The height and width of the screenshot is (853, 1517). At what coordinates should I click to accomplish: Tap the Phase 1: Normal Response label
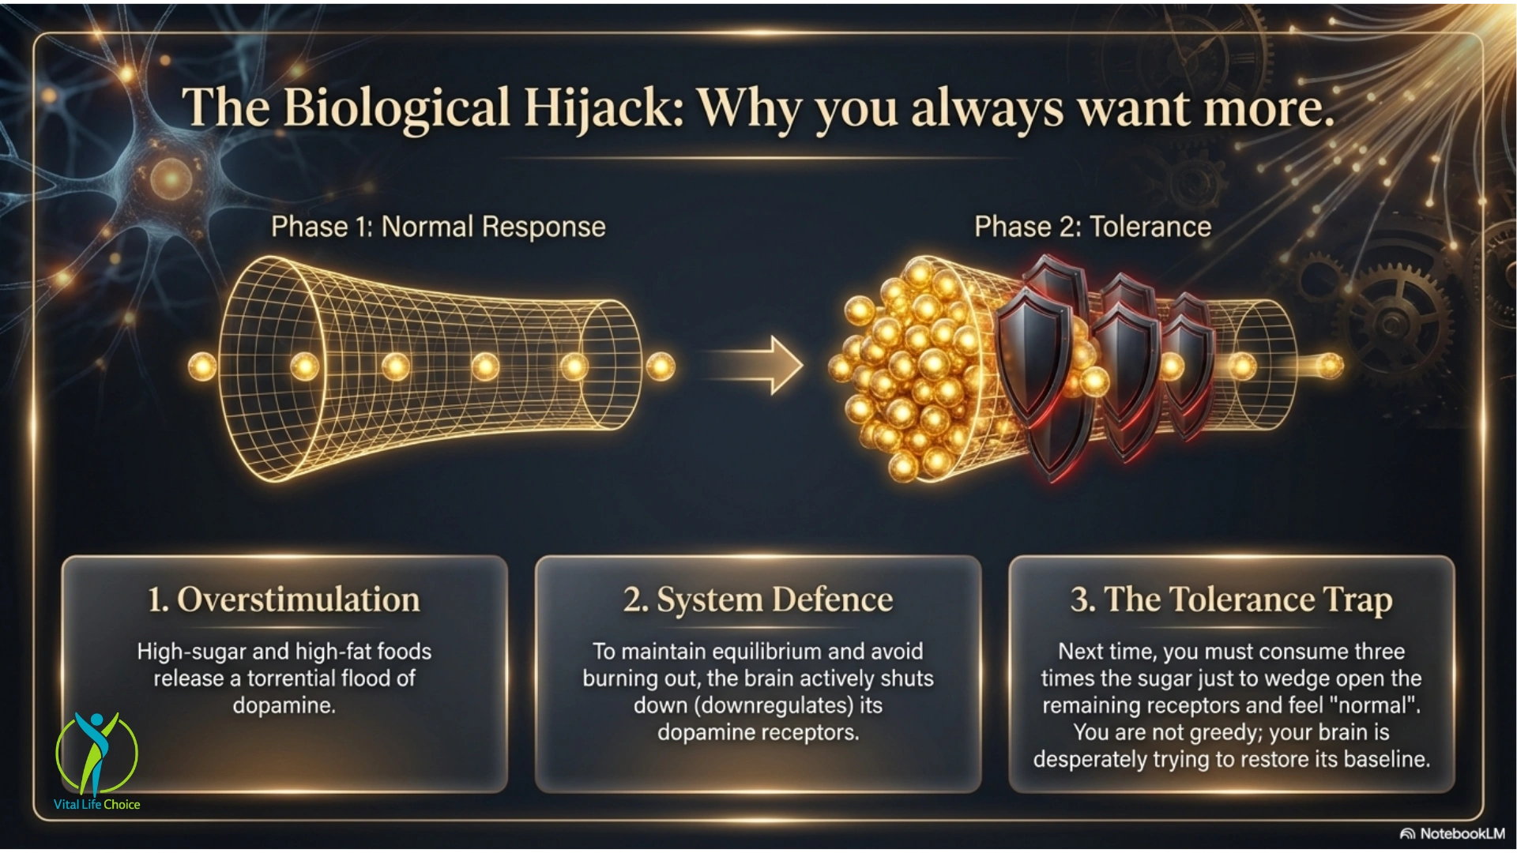439,227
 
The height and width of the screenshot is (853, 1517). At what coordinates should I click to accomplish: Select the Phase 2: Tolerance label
1093,227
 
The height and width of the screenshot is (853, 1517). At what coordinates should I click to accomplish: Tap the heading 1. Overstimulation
284,599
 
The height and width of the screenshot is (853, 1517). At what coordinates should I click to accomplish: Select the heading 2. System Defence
758,599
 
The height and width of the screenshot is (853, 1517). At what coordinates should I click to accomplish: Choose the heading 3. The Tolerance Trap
1231,600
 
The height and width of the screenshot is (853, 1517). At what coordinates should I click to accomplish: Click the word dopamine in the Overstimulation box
284,705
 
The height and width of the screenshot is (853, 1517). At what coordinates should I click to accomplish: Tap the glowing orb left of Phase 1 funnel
202,366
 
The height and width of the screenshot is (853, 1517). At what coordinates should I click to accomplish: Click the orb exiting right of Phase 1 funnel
661,366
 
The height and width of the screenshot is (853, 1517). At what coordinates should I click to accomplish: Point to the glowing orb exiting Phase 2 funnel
1330,366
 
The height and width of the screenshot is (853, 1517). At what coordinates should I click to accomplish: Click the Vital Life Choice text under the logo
97,805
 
